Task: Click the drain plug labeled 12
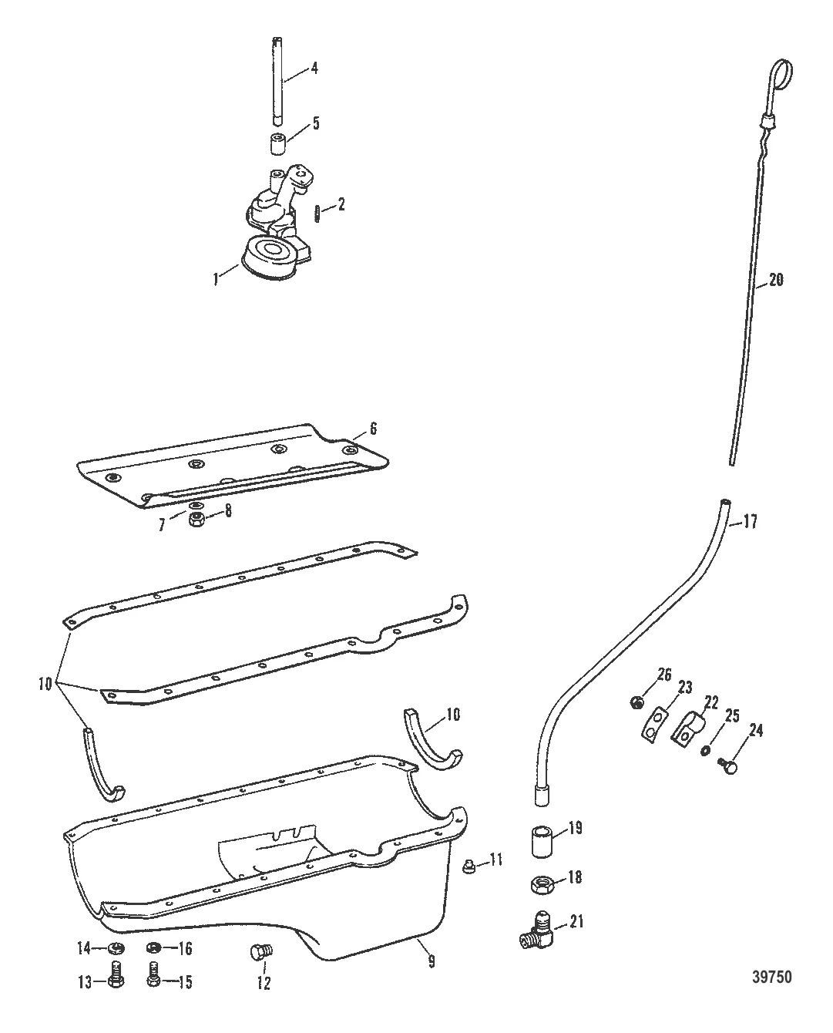click(260, 953)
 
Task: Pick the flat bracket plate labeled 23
click(654, 725)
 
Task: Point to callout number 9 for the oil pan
click(432, 961)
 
